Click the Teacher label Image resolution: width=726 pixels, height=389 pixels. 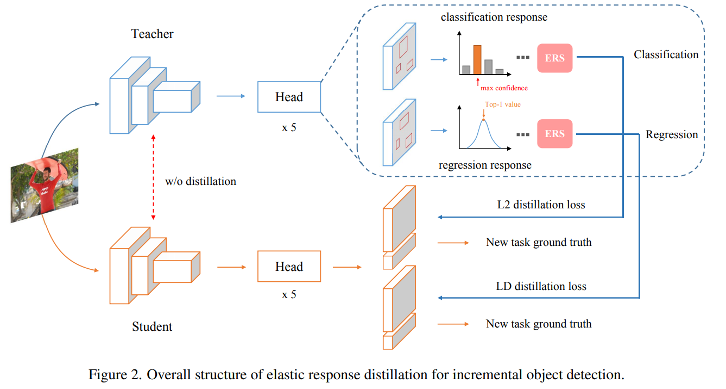[152, 34]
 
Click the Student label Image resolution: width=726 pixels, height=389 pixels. [152, 326]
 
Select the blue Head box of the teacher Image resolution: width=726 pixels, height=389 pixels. [289, 97]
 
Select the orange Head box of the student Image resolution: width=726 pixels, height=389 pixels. [289, 266]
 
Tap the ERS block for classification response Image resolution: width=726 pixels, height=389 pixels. [554, 58]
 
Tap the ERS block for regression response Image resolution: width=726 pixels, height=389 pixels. [554, 134]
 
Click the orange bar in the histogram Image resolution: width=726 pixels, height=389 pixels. [477, 60]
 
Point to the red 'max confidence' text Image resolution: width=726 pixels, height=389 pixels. [504, 88]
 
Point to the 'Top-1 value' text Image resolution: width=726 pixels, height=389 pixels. [503, 104]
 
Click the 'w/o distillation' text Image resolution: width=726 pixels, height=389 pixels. [200, 181]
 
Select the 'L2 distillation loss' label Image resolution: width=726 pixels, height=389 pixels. [541, 205]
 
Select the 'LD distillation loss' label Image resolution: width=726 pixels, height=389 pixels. [541, 286]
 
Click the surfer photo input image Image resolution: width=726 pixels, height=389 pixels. [45, 186]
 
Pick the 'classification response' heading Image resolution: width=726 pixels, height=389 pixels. [494, 17]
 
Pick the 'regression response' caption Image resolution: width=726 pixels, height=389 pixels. [485, 165]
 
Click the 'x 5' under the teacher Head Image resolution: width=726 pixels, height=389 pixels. [289, 127]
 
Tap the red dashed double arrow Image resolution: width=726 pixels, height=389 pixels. [153, 177]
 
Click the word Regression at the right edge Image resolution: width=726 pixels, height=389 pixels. [672, 134]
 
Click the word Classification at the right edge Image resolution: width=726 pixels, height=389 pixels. [666, 54]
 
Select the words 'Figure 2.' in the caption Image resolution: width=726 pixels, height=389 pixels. [115, 374]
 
